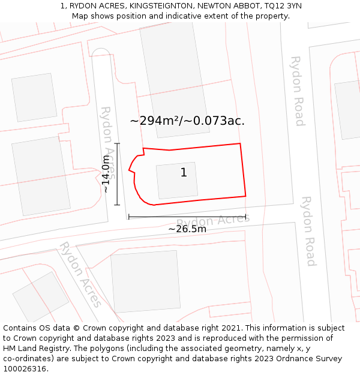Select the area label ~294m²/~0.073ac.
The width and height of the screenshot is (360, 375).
click(x=187, y=121)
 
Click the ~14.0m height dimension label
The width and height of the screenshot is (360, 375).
click(x=106, y=174)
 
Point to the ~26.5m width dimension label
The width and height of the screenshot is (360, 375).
click(x=187, y=229)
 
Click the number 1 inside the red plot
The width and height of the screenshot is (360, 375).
click(x=184, y=173)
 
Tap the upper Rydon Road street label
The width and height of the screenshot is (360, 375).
click(x=297, y=91)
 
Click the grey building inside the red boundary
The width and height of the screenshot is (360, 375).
click(x=177, y=180)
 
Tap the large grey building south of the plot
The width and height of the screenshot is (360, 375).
click(x=146, y=281)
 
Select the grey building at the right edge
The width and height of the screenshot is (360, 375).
click(x=348, y=109)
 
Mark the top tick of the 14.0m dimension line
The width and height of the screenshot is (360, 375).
click(x=117, y=143)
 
